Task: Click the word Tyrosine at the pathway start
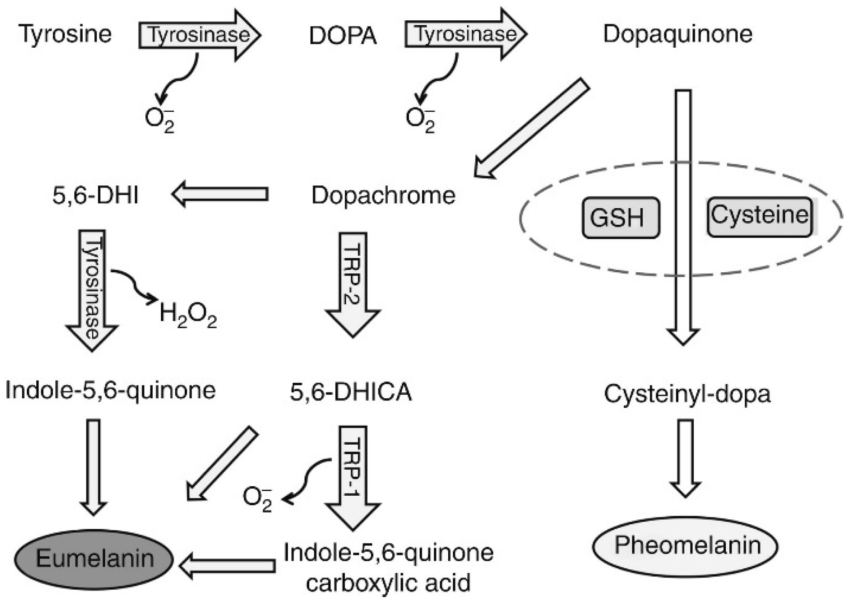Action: coord(65,34)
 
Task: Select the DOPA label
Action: coord(343,36)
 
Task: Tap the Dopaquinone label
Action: coord(677,34)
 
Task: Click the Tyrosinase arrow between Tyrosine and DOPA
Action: coord(199,35)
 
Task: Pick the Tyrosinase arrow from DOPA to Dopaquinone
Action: coord(465,34)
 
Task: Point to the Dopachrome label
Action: coord(383,195)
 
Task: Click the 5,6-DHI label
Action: coord(95,195)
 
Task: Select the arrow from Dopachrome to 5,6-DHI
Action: coord(221,194)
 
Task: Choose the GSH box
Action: coord(620,218)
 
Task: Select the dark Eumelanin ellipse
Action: coord(94,559)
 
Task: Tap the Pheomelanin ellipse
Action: coord(685,546)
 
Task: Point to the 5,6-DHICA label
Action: coord(350,392)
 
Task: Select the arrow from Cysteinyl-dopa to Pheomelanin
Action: coord(686,457)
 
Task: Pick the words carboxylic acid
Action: coord(388,583)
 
